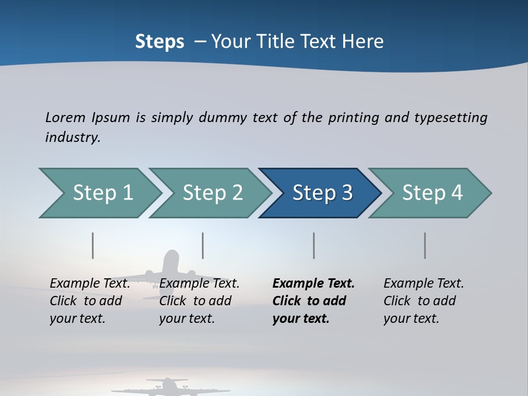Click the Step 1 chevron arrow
coord(102,193)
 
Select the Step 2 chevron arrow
coord(212,193)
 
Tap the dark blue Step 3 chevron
coord(322,193)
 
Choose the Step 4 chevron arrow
coord(432,193)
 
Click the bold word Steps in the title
coord(159,41)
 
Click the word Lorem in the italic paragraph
coord(65,117)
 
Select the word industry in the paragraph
coord(73,137)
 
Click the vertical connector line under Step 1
coord(93,245)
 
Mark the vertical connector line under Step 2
coord(203,245)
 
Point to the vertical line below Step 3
coord(314,245)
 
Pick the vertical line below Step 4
coord(425,245)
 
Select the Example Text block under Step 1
coord(90,301)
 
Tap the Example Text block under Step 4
coord(424,301)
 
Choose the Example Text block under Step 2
coord(199,301)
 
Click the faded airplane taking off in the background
coord(170,269)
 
